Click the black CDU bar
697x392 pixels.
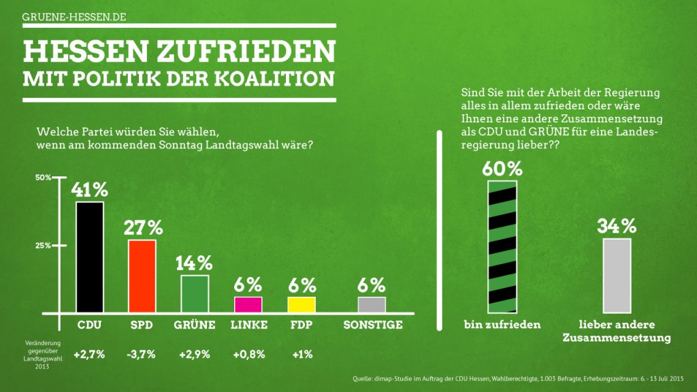(89, 257)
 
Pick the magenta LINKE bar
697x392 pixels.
(248, 305)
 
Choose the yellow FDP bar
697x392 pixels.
(301, 305)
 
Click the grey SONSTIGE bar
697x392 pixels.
(372, 305)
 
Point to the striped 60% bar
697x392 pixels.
(502, 246)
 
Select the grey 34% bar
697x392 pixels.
(617, 275)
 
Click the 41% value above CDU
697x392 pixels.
(90, 189)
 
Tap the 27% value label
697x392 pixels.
(143, 227)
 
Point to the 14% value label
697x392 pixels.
(195, 263)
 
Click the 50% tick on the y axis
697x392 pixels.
(43, 178)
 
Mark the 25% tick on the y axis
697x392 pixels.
(43, 246)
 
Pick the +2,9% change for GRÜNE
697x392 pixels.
(195, 355)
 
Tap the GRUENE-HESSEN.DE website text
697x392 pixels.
(74, 16)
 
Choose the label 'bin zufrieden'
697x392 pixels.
(502, 325)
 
